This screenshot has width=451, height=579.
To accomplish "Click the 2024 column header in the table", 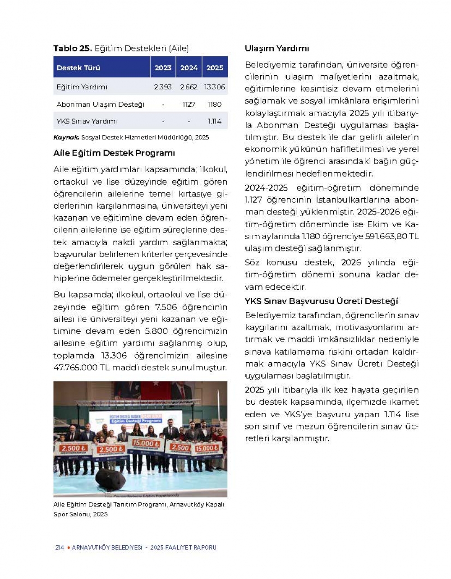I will click(189, 68).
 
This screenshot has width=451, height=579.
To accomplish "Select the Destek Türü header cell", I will click(78, 68).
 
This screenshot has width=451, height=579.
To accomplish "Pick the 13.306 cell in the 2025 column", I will click(214, 87).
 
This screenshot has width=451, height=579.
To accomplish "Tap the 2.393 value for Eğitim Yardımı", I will click(162, 87).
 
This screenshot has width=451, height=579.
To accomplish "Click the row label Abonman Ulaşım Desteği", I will click(101, 105).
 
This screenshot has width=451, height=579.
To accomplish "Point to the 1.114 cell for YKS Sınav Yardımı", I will click(215, 121).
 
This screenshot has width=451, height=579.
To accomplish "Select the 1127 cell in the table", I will click(189, 105).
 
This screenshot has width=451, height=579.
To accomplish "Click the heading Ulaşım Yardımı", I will click(277, 49).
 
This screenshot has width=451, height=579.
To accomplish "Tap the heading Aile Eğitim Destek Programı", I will click(114, 153).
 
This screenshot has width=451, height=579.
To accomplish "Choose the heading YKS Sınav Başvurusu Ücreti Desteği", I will click(322, 301).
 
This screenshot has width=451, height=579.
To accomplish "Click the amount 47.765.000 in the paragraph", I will click(75, 368).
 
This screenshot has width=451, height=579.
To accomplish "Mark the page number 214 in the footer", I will click(60, 547).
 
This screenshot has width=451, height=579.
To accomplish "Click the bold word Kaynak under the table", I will click(66, 137).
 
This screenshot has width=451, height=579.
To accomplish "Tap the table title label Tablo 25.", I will click(73, 49).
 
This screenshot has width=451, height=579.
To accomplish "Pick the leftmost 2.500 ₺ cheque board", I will click(73, 449).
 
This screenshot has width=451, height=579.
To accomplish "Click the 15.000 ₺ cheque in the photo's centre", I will click(145, 444).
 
